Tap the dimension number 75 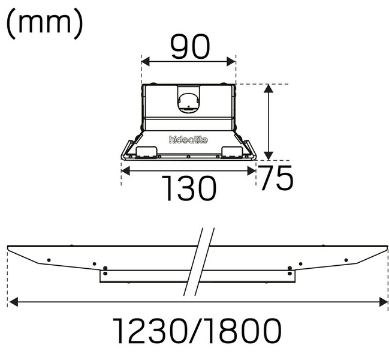coord(276,178)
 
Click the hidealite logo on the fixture coord(188,139)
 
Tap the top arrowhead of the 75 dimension coord(269,89)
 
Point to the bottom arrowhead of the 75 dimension coord(269,155)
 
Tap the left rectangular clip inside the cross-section coord(146,152)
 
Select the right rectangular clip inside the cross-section coord(231,152)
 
